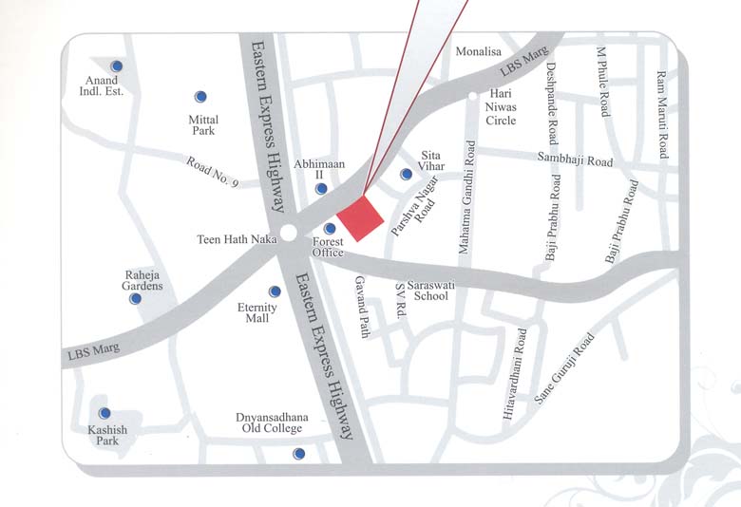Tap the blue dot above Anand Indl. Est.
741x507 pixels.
coord(117,66)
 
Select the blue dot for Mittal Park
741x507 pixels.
coord(200,97)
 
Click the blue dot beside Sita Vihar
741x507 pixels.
coord(406,174)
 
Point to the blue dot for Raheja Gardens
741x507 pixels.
coord(136,298)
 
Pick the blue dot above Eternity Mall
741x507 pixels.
coord(275,291)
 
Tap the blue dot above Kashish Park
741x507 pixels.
coord(104,413)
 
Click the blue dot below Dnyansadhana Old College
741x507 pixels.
coord(298,454)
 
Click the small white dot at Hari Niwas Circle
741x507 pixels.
coord(472,96)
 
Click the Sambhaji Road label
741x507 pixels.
coord(575,160)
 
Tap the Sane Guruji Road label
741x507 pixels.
coord(564,369)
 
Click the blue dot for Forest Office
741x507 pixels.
coord(330,229)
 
